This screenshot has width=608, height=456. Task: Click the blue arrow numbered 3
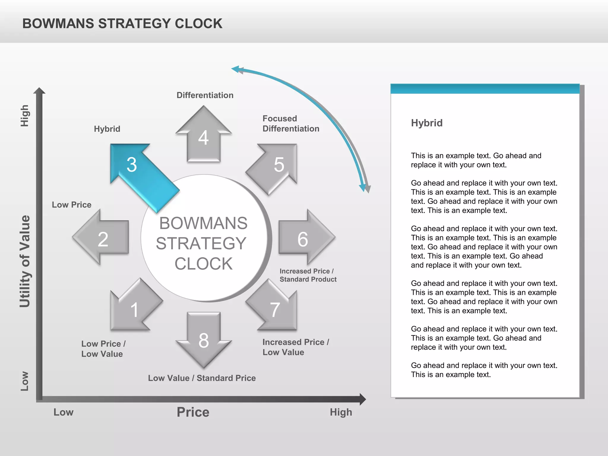(140, 172)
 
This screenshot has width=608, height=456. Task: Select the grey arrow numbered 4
(204, 137)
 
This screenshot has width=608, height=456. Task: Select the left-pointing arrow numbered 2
(102, 237)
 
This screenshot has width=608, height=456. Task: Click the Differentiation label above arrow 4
(205, 95)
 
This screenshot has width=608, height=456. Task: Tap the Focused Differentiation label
(291, 123)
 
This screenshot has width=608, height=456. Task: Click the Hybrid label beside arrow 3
(107, 129)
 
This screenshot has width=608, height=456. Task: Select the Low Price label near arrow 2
(72, 205)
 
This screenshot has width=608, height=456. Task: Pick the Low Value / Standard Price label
(202, 378)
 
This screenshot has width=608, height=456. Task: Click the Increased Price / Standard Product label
(308, 275)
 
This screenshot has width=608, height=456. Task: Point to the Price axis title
(193, 412)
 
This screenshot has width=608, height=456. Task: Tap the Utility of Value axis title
(25, 261)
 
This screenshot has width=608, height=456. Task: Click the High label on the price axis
(341, 412)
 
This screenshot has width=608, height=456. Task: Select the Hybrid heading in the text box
(427, 123)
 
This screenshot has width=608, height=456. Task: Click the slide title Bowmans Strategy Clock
(122, 24)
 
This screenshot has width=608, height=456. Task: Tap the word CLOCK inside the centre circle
(204, 264)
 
